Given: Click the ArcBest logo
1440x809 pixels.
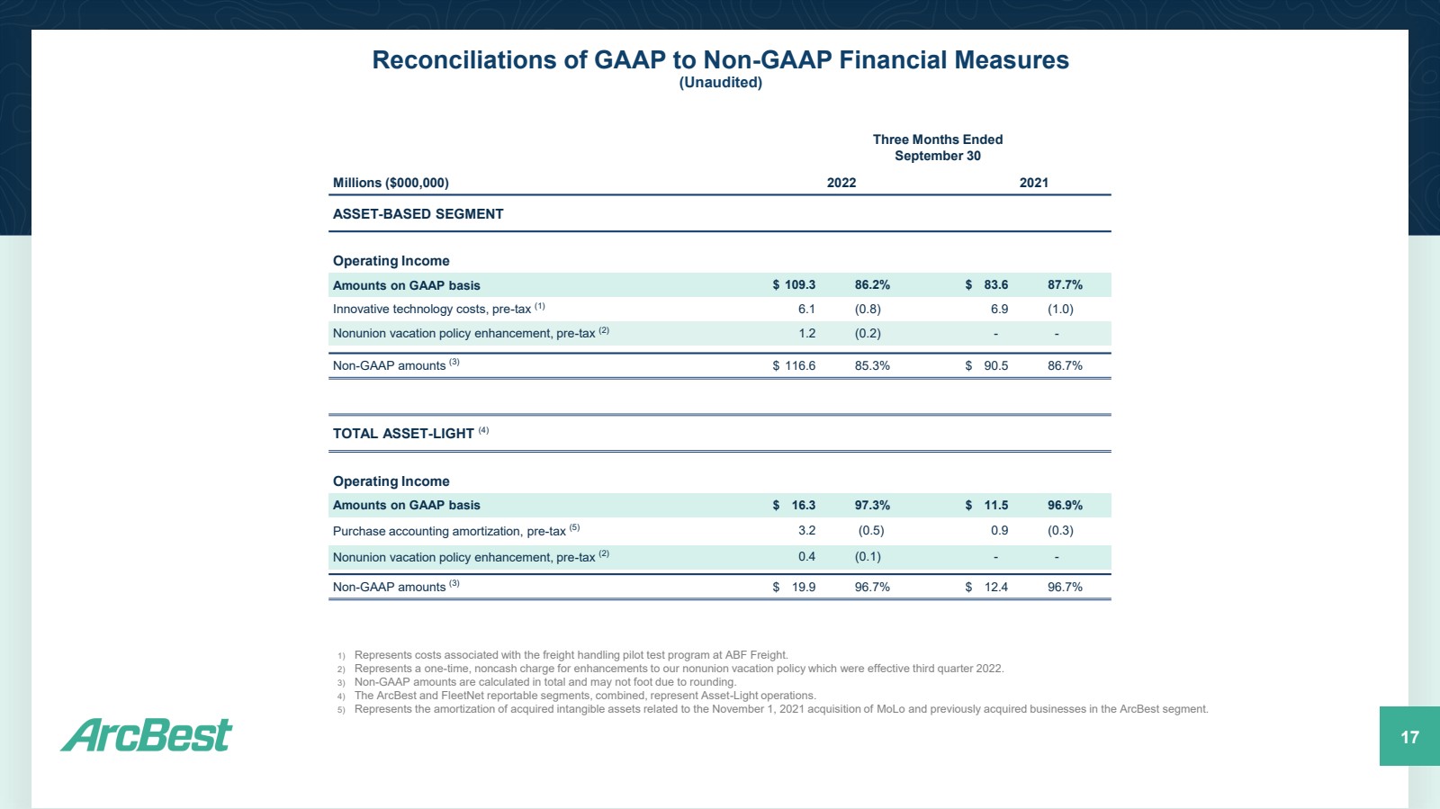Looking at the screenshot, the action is (146, 734).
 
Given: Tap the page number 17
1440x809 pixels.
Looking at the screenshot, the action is (1409, 737).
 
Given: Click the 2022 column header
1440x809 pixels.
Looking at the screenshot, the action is (841, 183).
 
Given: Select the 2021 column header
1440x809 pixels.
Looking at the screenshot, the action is (1034, 183).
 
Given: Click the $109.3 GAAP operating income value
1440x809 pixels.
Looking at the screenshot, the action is (794, 284).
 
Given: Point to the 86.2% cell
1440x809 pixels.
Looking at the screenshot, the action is (872, 284).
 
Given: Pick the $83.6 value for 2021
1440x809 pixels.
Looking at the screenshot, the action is (986, 284).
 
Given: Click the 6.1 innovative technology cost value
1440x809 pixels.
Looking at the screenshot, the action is (806, 309).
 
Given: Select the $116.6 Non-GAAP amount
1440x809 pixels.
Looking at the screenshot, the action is (794, 365).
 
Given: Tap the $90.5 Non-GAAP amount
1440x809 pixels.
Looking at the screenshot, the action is (986, 365).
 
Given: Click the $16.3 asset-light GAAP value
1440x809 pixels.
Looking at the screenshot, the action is (794, 505).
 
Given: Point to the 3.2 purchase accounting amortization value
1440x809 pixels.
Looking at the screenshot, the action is (806, 530).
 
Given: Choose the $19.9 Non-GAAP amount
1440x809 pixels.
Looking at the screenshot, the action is (794, 587).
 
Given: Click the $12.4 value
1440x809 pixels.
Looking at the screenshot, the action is (986, 587).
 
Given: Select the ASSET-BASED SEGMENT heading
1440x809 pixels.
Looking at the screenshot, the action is (418, 214).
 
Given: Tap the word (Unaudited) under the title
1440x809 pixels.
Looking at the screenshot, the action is (720, 82).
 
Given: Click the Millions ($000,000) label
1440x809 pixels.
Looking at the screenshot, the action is (391, 183).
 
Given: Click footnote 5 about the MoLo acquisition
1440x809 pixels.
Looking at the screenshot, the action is (773, 709).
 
